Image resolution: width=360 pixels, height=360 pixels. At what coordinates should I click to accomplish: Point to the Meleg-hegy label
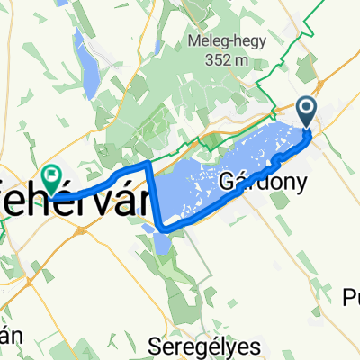[x=226, y=40]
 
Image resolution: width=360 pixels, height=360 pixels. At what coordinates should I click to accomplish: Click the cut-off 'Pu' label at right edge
[x=352, y=297]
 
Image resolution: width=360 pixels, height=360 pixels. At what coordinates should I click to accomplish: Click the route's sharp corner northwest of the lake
[x=148, y=165]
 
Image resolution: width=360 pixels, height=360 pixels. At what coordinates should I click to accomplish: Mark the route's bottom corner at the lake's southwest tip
[x=162, y=228]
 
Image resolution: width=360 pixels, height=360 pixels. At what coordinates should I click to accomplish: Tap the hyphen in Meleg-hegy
[x=232, y=41]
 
